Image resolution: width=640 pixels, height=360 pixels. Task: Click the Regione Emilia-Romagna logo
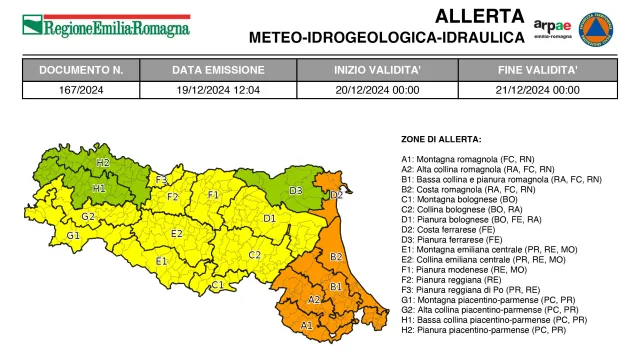pyautogui.click(x=106, y=25)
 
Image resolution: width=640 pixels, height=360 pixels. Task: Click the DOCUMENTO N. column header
pyautogui.click(x=81, y=71)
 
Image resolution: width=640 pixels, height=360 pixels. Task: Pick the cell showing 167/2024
pyautogui.click(x=81, y=89)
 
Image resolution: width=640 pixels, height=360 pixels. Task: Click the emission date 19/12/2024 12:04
pyautogui.click(x=218, y=89)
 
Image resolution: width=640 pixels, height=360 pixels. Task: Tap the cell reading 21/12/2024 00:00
pyautogui.click(x=538, y=89)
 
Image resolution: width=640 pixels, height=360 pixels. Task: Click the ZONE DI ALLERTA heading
pyautogui.click(x=441, y=139)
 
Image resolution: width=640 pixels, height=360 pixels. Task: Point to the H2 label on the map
pyautogui.click(x=103, y=162)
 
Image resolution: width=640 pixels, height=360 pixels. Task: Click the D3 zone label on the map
pyautogui.click(x=296, y=190)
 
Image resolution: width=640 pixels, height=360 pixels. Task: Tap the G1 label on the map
pyautogui.click(x=73, y=236)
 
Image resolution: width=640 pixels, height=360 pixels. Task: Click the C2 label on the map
pyautogui.click(x=254, y=256)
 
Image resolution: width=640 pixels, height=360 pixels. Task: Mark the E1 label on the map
pyautogui.click(x=161, y=262)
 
